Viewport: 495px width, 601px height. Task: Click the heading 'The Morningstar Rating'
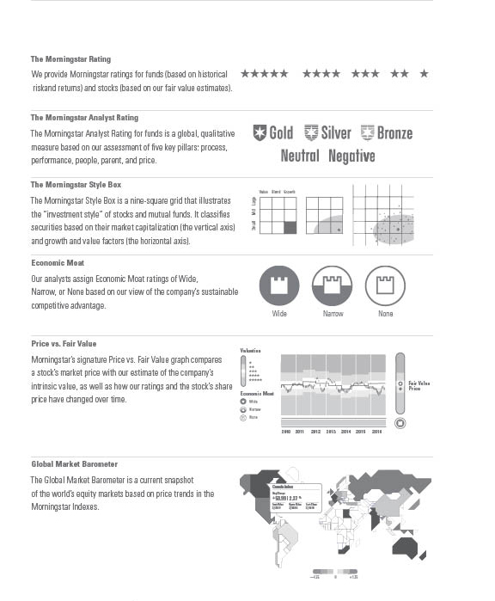(x=70, y=59)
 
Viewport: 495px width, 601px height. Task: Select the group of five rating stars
(x=264, y=74)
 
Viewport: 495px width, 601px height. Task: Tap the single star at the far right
(x=424, y=74)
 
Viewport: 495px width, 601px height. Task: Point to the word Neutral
(x=300, y=156)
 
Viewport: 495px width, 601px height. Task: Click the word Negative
(x=351, y=156)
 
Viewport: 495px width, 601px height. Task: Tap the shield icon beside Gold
(x=260, y=133)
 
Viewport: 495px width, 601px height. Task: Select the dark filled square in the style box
(x=290, y=227)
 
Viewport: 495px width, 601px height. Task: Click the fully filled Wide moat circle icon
(x=279, y=285)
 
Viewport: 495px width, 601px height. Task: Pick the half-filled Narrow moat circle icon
(x=333, y=285)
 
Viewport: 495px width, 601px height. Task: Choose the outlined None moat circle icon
(x=385, y=285)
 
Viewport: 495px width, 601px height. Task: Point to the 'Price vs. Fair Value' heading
(x=64, y=344)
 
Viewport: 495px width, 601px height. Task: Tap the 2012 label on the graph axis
(x=315, y=431)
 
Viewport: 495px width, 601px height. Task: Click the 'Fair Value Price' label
(x=419, y=385)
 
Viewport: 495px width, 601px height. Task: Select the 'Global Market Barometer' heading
(x=74, y=464)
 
